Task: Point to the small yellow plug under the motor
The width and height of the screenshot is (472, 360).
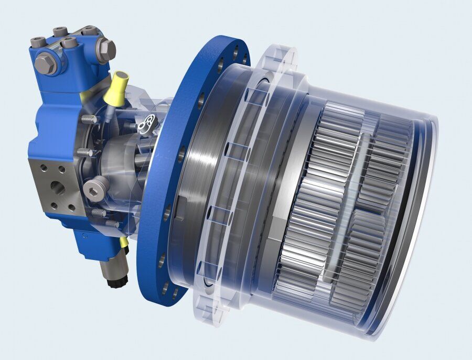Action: pos(124,242)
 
